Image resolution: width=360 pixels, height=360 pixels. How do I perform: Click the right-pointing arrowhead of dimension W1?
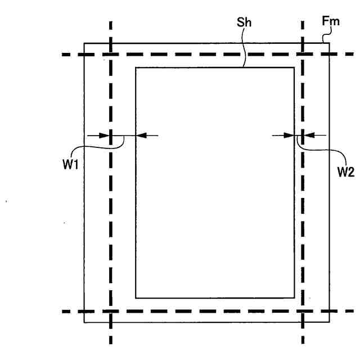coord(106,135)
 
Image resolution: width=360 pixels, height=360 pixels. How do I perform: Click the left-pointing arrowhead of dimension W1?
coord(140,135)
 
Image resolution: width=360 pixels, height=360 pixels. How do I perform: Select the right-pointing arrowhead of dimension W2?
coord(291,135)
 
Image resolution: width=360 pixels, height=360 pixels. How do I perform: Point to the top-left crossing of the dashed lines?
coord(111,55)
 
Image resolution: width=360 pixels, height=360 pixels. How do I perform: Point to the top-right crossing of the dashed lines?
coord(303,55)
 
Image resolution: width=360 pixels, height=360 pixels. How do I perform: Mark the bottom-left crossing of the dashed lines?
coord(111,311)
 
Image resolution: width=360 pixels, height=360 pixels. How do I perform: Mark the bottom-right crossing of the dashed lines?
coord(303,311)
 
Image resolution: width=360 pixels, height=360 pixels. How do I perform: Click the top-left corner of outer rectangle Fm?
coord(84,43)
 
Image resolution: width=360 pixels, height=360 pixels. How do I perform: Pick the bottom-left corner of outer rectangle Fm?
coord(84,322)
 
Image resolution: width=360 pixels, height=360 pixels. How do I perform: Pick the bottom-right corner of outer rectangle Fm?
coord(330,322)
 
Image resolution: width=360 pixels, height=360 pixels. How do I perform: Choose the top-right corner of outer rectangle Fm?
coord(330,43)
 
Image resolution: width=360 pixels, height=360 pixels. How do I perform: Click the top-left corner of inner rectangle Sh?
coord(136,67)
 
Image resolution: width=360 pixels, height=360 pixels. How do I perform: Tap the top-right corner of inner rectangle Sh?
coord(295,67)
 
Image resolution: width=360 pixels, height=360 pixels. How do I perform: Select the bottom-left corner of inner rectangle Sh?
coord(136,298)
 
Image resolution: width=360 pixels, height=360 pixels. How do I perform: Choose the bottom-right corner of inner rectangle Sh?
coord(295,298)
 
